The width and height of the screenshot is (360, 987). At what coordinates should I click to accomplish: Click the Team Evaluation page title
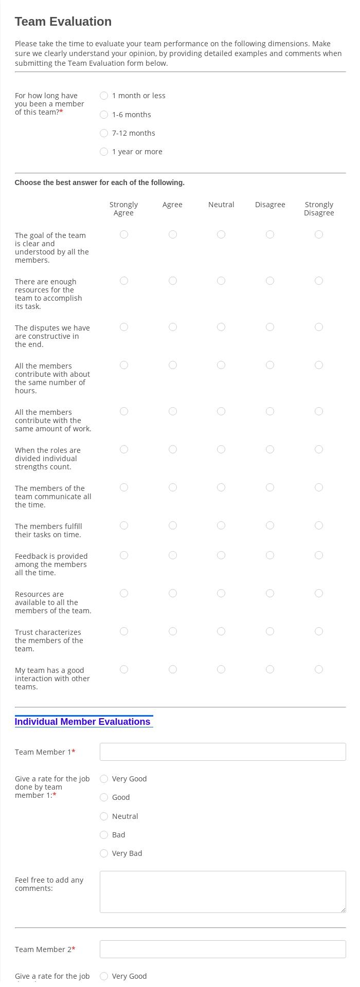[63, 22]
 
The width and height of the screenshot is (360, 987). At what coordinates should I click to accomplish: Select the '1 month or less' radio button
[104, 96]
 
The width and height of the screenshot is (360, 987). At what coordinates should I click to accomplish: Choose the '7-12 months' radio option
[104, 133]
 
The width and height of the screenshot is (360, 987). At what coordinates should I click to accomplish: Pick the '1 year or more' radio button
[104, 152]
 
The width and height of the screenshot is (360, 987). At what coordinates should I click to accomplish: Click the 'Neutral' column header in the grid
[221, 205]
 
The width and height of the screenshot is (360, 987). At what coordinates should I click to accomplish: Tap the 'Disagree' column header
[270, 205]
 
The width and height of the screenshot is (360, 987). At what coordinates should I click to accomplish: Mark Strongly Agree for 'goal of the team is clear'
[124, 234]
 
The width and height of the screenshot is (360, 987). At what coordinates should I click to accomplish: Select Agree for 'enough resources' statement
[173, 281]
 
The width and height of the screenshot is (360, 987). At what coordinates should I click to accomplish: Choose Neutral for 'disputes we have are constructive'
[221, 327]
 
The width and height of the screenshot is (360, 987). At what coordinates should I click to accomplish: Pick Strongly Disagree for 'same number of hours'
[319, 365]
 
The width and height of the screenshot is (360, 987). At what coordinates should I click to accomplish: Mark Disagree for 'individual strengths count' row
[270, 449]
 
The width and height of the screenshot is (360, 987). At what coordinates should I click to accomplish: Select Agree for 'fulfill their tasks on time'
[173, 525]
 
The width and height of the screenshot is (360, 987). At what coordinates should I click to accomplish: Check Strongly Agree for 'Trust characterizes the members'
[124, 631]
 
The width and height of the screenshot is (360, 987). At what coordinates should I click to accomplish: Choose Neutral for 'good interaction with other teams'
[221, 669]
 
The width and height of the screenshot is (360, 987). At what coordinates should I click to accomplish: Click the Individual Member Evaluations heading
[83, 722]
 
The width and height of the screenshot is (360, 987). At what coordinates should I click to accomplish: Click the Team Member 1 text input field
[223, 752]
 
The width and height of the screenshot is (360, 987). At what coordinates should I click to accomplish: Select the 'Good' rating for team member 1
[104, 797]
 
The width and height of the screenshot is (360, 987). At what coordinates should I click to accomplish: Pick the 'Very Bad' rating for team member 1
[104, 853]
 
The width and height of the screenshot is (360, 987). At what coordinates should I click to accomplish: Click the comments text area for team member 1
[223, 892]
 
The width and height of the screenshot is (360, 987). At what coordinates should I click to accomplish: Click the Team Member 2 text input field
[223, 949]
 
